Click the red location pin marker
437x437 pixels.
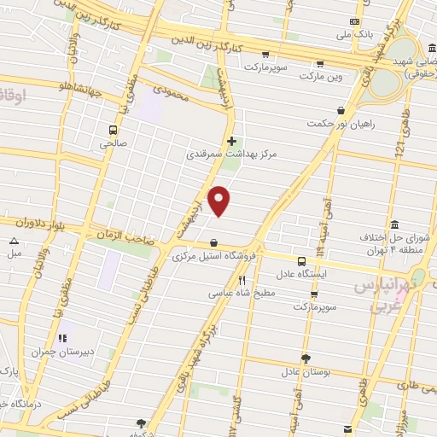[x=220, y=201]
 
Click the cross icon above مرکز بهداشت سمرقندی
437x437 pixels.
[x=231, y=141]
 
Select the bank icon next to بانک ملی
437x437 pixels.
[x=355, y=21]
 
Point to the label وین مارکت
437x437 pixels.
[x=321, y=77]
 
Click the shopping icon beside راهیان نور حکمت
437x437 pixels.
[x=341, y=110]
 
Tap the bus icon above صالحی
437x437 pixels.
[x=114, y=130]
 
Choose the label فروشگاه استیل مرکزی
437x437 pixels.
[x=213, y=256]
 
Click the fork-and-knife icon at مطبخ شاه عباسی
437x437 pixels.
[x=242, y=279]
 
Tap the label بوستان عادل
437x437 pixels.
[x=306, y=373]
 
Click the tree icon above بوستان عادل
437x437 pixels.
[x=306, y=359]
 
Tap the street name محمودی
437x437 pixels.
[x=169, y=88]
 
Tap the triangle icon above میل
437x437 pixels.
[x=15, y=241]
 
